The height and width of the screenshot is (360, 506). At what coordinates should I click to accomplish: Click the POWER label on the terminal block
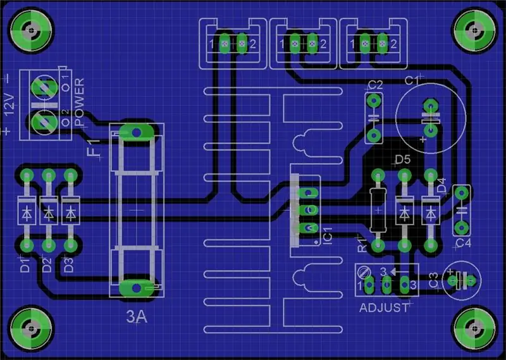[x=80, y=102]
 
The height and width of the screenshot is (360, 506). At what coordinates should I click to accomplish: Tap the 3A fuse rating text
[x=137, y=317]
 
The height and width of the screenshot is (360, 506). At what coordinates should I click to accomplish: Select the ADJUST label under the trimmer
[x=384, y=307]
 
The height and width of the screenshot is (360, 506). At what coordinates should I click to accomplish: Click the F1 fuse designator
[x=94, y=148]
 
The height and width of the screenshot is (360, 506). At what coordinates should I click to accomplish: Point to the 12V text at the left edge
[x=9, y=105]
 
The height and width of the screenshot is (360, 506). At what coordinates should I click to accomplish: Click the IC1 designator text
[x=327, y=235]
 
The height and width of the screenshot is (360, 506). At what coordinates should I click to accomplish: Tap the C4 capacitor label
[x=464, y=243]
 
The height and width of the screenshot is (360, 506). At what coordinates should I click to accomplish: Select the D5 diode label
[x=402, y=159]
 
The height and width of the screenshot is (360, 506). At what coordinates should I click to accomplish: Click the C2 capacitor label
[x=375, y=85]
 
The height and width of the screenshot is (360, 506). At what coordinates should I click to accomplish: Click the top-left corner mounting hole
[x=31, y=30]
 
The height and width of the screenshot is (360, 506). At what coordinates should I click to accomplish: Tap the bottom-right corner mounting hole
[x=475, y=328]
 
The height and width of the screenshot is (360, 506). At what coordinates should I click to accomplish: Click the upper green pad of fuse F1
[x=137, y=132]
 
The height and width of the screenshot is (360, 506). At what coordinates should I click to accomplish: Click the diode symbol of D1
[x=27, y=213]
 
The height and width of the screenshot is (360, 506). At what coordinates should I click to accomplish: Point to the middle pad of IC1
[x=309, y=210]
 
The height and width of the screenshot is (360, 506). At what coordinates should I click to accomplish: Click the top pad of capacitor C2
[x=374, y=101]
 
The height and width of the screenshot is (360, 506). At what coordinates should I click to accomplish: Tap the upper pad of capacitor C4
[x=462, y=193]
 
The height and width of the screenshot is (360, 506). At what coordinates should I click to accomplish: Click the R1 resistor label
[x=362, y=244]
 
